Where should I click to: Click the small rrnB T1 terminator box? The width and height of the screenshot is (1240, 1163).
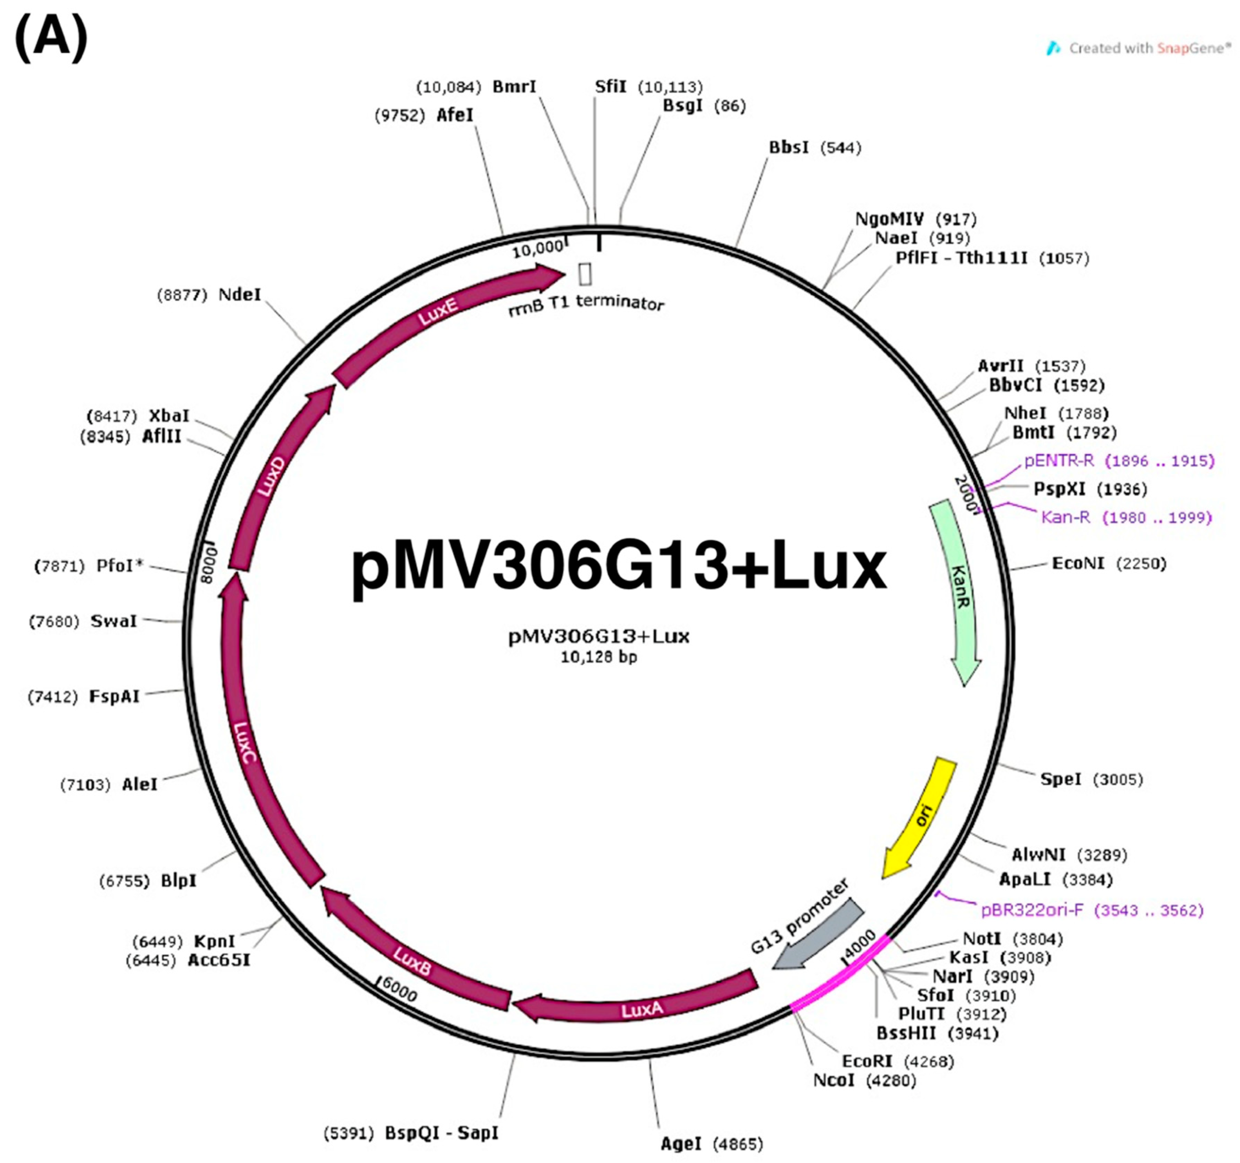585,273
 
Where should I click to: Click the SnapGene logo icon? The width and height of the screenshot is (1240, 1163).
1054,48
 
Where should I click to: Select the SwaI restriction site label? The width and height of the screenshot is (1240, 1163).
113,621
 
